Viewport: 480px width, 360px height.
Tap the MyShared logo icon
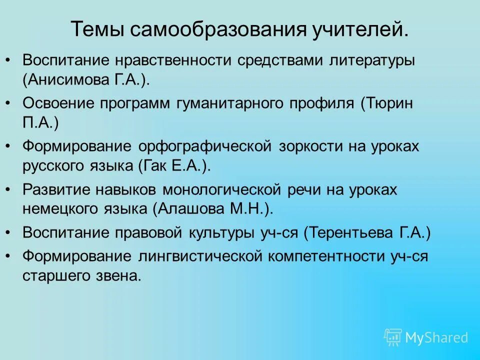[x=393, y=337]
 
